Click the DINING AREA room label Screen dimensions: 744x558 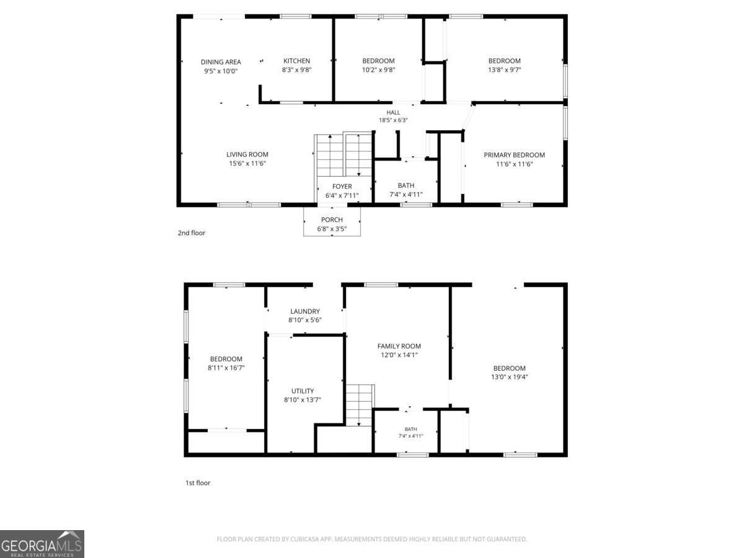point(221,62)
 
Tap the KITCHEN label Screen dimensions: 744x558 point(296,61)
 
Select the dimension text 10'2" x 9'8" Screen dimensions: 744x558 point(378,70)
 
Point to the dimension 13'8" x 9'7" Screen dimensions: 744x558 point(504,70)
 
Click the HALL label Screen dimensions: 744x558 point(393,112)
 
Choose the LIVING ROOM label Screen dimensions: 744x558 point(247,154)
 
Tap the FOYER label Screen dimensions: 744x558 point(342,187)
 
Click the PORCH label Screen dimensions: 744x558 point(332,219)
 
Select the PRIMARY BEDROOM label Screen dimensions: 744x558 point(514,155)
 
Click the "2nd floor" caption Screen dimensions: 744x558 point(192,232)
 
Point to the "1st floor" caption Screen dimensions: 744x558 point(198,483)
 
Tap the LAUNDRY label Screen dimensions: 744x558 point(304,311)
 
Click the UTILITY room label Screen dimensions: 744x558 point(303,391)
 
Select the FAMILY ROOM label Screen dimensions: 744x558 point(399,346)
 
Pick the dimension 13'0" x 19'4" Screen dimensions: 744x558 point(510,377)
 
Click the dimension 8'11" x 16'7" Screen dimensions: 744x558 point(226,368)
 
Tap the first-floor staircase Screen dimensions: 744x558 point(360,405)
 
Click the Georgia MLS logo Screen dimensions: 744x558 point(42,544)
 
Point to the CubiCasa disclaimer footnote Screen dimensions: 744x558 point(372,539)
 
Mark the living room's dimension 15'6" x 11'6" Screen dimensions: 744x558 point(247,163)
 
